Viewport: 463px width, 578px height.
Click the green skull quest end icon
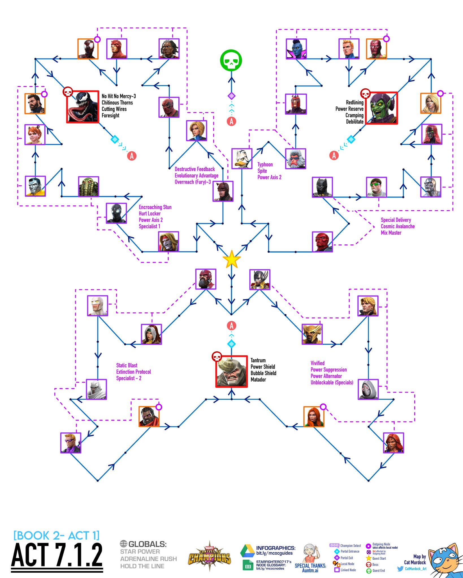click(x=231, y=60)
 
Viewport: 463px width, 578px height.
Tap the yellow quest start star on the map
click(x=231, y=259)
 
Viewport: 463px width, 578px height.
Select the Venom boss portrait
click(x=83, y=107)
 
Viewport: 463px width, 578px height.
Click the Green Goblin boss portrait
click(x=382, y=108)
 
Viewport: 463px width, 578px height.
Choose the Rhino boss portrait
click(x=231, y=371)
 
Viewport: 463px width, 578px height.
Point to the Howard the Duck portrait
click(x=242, y=159)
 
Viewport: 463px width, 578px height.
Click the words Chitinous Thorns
click(x=117, y=102)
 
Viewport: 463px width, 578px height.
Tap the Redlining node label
click(x=354, y=102)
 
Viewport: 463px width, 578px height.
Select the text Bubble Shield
click(x=263, y=373)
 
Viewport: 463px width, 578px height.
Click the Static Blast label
click(x=127, y=365)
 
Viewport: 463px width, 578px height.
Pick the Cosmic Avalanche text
click(x=397, y=226)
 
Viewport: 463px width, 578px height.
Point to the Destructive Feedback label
click(x=195, y=169)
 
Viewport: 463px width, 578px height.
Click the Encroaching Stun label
click(x=155, y=207)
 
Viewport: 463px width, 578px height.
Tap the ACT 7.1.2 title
click(x=57, y=555)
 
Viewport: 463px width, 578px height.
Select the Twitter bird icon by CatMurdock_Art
click(x=400, y=569)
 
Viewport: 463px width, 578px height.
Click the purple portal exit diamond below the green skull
click(x=231, y=96)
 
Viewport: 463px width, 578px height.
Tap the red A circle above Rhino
click(x=231, y=326)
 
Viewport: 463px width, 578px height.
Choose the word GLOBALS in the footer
click(x=147, y=544)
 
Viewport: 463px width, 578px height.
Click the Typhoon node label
click(x=265, y=165)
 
